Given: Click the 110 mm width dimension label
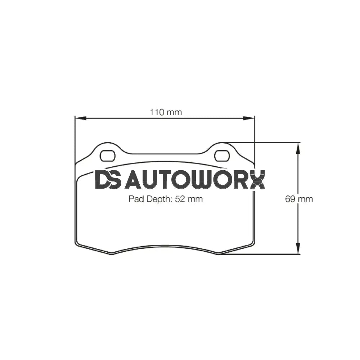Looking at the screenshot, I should [x=166, y=112].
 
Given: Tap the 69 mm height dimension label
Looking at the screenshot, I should [x=299, y=199].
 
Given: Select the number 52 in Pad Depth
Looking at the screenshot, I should [x=180, y=199].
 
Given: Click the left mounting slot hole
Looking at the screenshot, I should [x=107, y=156].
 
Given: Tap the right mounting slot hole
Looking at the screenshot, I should [x=222, y=156].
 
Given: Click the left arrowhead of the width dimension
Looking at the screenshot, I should [x=79, y=118].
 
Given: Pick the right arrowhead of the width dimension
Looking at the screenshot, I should [x=249, y=118].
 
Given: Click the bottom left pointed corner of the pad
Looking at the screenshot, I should [x=112, y=254].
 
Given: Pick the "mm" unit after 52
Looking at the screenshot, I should [x=195, y=199].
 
